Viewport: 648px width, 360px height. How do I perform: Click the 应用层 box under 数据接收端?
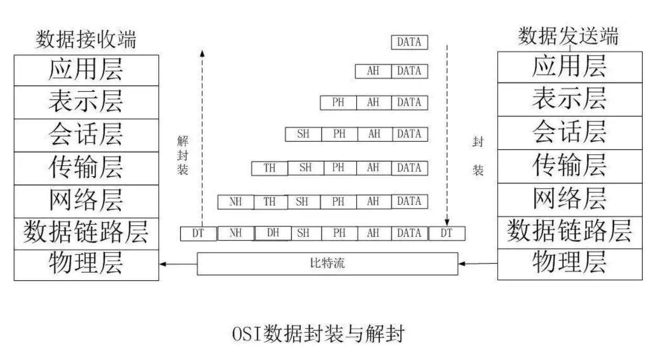(x=86, y=69)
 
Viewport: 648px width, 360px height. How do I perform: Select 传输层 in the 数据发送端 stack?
(x=569, y=166)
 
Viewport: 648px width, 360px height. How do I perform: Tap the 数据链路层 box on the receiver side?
(x=86, y=233)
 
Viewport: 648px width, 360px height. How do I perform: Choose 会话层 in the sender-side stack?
(x=569, y=133)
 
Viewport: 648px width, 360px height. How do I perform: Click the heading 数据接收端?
(x=85, y=39)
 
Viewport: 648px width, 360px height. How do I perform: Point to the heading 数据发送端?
(x=568, y=37)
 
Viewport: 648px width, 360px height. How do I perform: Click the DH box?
(x=273, y=233)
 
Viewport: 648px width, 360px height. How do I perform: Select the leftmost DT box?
(x=198, y=234)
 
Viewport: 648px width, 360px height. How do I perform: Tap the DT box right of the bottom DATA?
(x=446, y=234)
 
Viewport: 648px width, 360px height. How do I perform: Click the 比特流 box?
(x=327, y=263)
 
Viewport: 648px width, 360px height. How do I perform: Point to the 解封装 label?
(x=182, y=156)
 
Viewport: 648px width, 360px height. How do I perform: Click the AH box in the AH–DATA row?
(x=373, y=71)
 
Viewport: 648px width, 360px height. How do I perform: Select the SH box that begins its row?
(x=303, y=134)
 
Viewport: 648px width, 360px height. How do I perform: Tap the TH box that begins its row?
(x=269, y=168)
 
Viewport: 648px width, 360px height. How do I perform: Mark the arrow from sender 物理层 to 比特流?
(x=477, y=264)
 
